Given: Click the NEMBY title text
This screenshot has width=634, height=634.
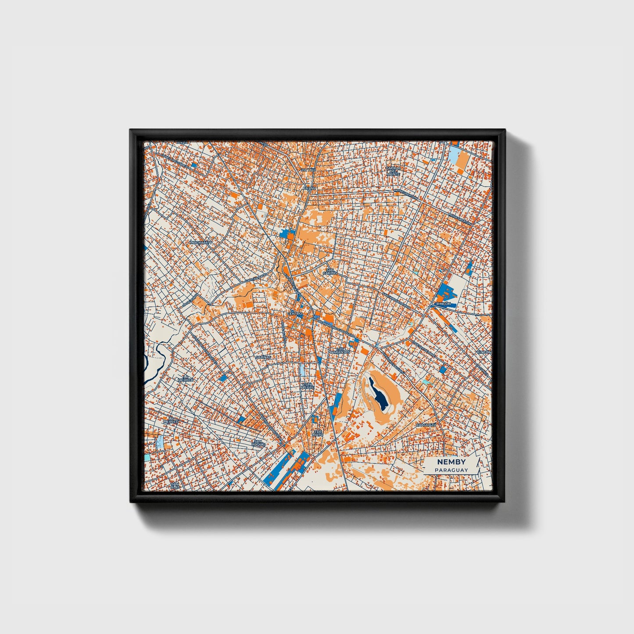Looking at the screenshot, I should coord(451,462).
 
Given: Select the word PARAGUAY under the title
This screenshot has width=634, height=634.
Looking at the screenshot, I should coord(451,470).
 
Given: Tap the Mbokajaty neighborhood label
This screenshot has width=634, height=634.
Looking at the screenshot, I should coord(201,242).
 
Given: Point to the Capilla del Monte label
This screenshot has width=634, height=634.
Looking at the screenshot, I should coord(393,171).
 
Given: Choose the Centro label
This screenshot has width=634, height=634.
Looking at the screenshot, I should coord(295,314).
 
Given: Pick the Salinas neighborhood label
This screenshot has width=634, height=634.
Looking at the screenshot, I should coord(264,357).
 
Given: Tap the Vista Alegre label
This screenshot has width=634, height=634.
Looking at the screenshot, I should coord(307,386).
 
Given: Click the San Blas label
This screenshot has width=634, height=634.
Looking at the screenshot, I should coord(175,485).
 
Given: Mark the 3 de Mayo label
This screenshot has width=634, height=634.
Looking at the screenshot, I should coord(318,433).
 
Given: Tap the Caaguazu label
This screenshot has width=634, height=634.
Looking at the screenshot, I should coord(426,425).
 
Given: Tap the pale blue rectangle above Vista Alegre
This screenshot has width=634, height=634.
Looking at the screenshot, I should coord(303,369).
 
